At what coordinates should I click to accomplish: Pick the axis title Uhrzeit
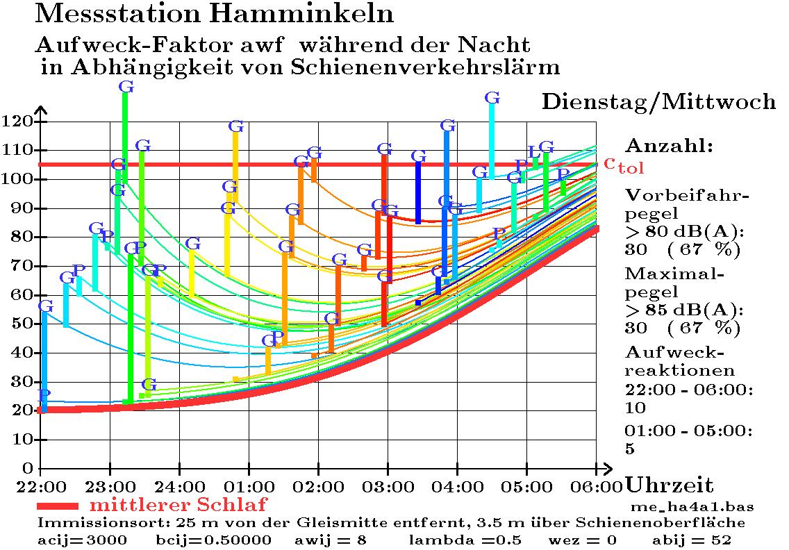click(670, 485)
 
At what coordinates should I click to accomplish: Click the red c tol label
click(623, 165)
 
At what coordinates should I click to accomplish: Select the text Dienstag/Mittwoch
click(658, 102)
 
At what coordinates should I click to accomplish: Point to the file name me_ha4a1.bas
click(692, 506)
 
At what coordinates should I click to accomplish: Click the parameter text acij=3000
click(82, 540)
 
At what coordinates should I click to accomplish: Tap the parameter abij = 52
click(692, 540)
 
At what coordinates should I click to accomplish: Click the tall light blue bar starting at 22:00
click(44, 361)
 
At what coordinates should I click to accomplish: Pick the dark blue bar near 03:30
click(418, 192)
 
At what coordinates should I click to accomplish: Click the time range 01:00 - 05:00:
click(688, 431)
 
